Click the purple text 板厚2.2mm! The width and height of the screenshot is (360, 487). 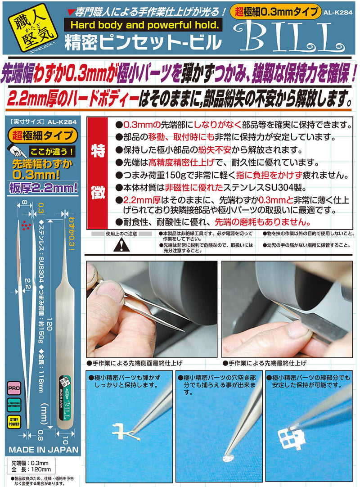pyautogui.click(x=43, y=186)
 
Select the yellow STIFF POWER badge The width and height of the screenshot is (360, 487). pyautogui.click(x=13, y=422)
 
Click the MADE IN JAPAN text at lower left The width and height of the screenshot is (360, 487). pyautogui.click(x=43, y=449)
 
